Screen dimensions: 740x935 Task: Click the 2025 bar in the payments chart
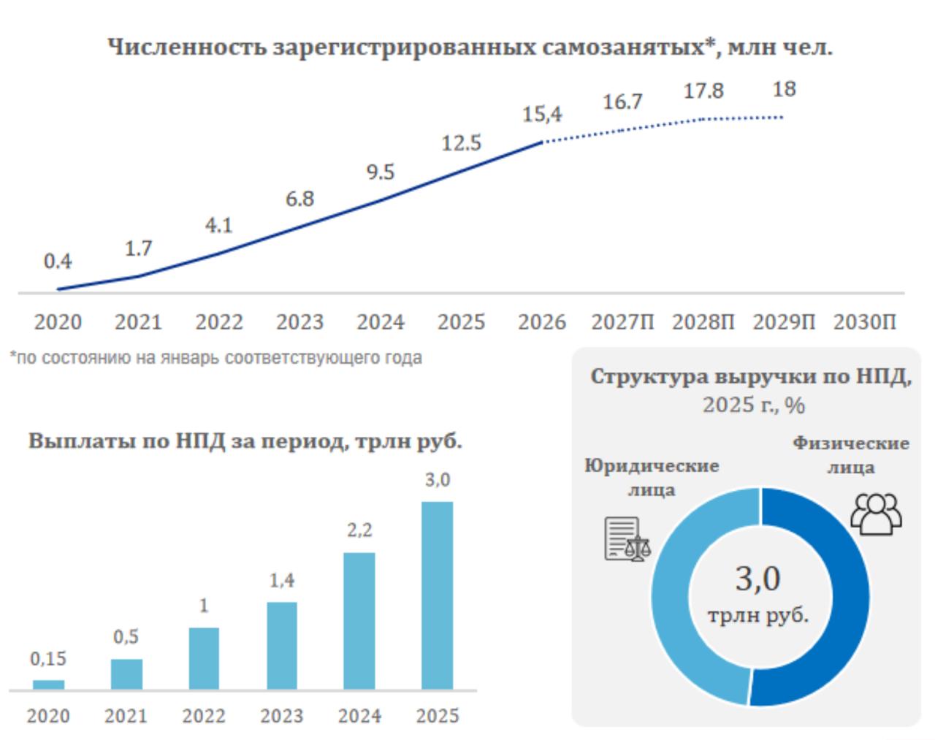(x=437, y=595)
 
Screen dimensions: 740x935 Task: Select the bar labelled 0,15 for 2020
(x=48, y=684)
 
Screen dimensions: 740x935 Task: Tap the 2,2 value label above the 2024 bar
(x=359, y=530)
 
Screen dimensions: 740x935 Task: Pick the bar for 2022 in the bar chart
(x=204, y=658)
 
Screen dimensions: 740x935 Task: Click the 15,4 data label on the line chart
(x=542, y=115)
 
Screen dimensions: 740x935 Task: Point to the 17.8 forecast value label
(x=703, y=91)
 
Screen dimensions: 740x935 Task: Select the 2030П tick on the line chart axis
(x=864, y=322)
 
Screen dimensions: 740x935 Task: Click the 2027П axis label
(x=622, y=322)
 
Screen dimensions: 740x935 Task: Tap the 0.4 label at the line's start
(x=58, y=261)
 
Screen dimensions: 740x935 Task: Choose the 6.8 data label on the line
(x=299, y=199)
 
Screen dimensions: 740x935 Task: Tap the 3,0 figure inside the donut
(x=757, y=579)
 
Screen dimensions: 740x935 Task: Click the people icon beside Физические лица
(x=877, y=514)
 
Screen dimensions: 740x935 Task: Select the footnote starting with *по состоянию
(x=215, y=359)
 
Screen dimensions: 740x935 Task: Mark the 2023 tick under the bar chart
(x=282, y=716)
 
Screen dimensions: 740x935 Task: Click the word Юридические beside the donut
(x=652, y=466)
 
